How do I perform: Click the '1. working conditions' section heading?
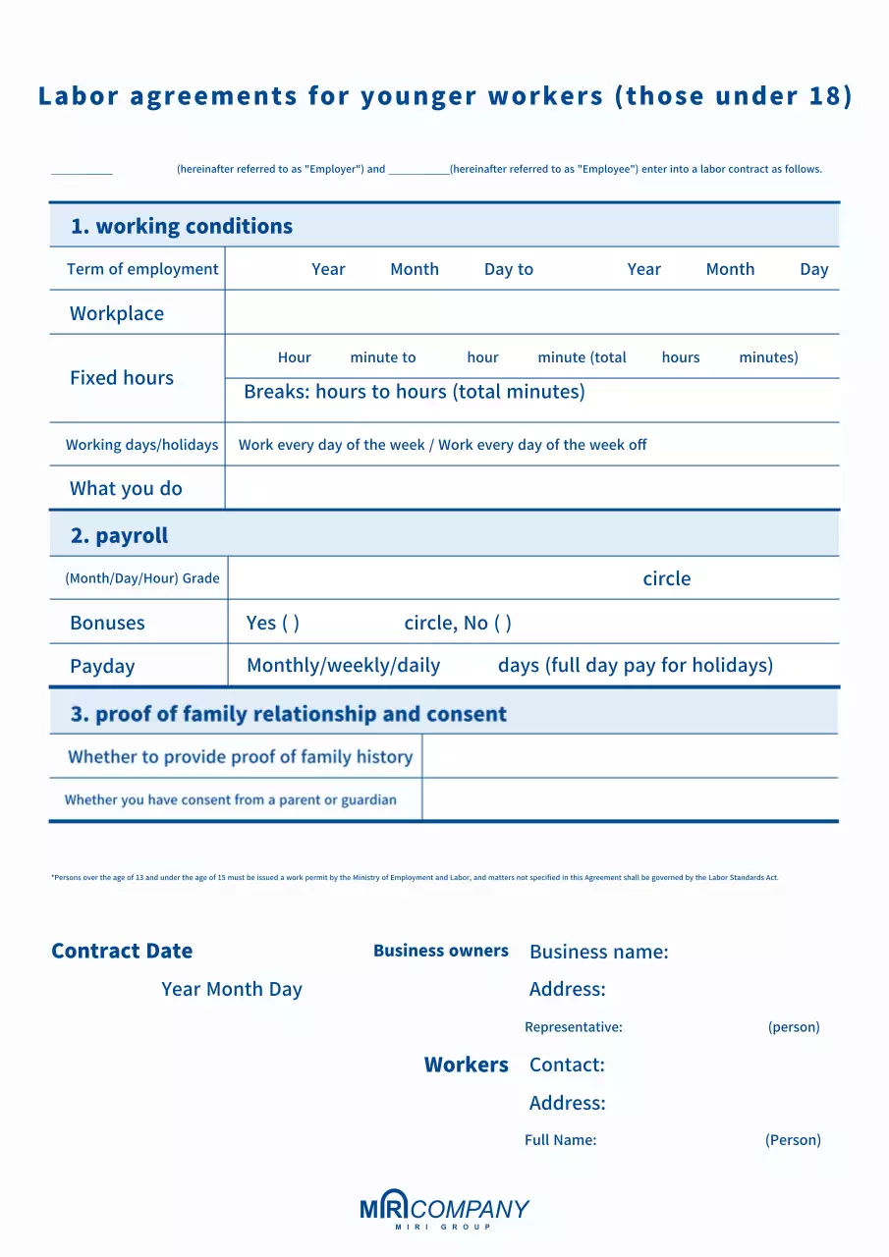(181, 226)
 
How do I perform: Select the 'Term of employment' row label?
(142, 269)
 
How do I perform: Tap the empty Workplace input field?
(531, 313)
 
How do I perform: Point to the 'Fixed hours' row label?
(122, 378)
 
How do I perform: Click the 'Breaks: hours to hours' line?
(414, 392)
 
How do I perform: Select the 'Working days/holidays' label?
(141, 445)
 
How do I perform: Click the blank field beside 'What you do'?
(531, 488)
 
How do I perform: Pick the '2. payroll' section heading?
(119, 535)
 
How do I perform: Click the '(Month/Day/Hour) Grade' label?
(142, 578)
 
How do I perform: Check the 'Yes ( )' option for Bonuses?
(273, 623)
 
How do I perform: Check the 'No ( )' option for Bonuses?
(488, 623)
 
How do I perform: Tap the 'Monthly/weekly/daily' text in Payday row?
(343, 666)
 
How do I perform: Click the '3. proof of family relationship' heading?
(288, 714)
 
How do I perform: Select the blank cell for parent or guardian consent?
(630, 799)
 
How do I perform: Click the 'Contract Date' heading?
(122, 951)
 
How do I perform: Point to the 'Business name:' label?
(598, 952)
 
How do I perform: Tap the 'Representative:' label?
(574, 1027)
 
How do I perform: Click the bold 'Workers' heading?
(466, 1065)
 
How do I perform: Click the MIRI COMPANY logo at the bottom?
(444, 1211)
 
